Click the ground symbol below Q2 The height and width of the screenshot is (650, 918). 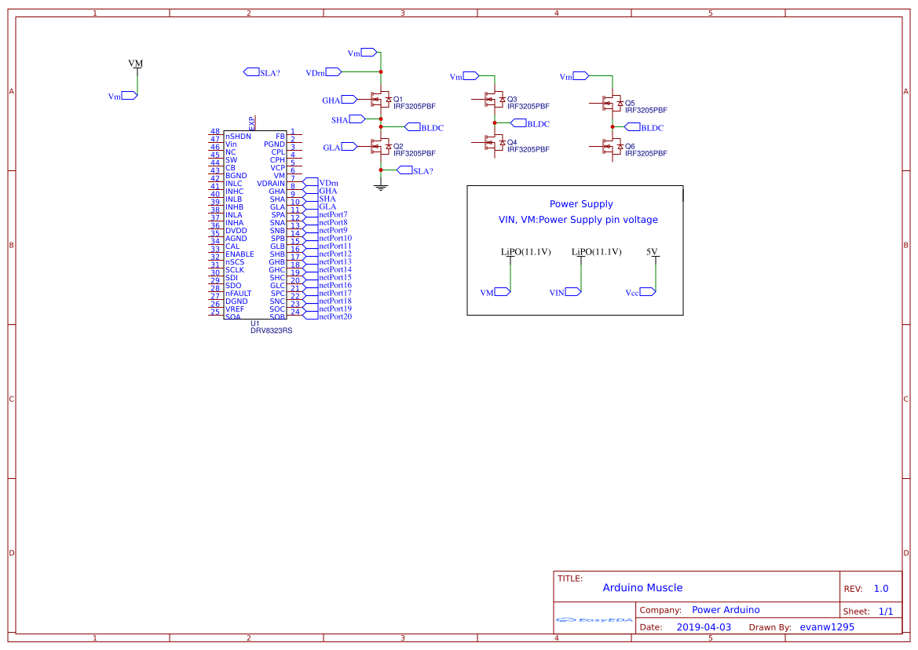point(381,186)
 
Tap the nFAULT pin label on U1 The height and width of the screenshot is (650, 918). point(238,294)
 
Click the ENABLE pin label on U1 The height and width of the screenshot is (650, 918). point(240,254)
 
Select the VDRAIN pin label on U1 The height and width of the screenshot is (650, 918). point(271,184)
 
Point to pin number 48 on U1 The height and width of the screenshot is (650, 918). point(215,132)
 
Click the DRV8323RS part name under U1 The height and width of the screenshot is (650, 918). point(271,330)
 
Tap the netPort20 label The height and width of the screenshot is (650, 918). point(335,316)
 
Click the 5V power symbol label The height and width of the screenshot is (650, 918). point(652,252)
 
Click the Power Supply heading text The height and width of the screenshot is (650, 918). point(581,204)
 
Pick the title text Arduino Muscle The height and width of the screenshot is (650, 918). point(642,587)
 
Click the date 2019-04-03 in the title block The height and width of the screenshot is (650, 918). point(704,627)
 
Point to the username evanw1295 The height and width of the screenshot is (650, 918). point(827,627)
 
